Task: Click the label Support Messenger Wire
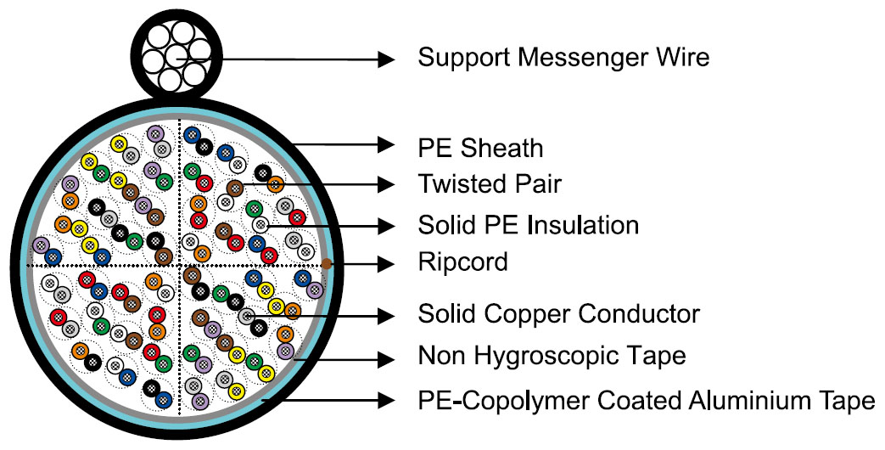[x=563, y=58]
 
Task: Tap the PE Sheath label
[x=480, y=149]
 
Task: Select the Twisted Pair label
[x=490, y=184]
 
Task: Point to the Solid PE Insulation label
[x=529, y=225]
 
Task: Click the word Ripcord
[x=462, y=262]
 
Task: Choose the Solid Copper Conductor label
[x=559, y=314]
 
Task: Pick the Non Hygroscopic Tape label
[x=552, y=357]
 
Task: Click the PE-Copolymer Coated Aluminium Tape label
[x=647, y=401]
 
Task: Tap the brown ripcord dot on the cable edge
[x=326, y=264]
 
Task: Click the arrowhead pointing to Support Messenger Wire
[x=386, y=59]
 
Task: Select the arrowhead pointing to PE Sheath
[x=386, y=145]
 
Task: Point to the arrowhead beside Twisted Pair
[x=386, y=184]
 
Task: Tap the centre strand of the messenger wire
[x=176, y=56]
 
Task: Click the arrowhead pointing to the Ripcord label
[x=386, y=264]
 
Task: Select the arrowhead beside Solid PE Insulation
[x=386, y=227]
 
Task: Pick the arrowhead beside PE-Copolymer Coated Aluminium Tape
[x=386, y=401]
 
